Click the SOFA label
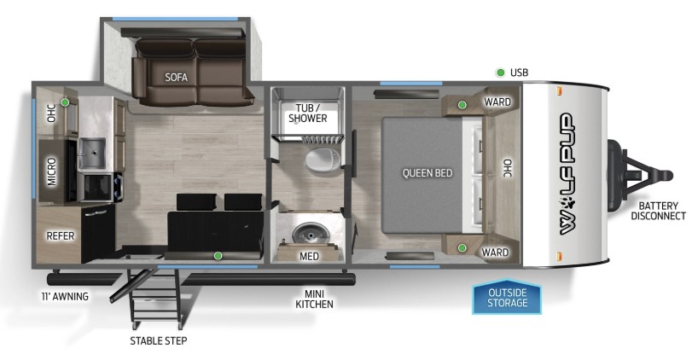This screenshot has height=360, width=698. (177, 77)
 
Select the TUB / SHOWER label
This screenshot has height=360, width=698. (307, 113)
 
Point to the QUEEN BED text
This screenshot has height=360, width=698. (428, 172)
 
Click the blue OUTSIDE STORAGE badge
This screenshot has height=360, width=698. (507, 297)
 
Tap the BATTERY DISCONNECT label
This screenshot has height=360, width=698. (658, 211)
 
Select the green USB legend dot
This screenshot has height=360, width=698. (500, 73)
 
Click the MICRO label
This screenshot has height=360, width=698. (52, 171)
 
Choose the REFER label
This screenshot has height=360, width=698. (61, 235)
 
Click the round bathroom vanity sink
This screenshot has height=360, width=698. (311, 232)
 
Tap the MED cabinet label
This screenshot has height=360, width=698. (309, 256)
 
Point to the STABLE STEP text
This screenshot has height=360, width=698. (159, 341)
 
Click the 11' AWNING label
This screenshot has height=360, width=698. (65, 296)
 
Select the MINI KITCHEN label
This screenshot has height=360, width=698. (314, 299)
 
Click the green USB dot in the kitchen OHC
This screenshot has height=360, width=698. (65, 102)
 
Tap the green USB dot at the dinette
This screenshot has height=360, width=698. (218, 255)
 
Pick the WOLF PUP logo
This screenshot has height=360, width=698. (567, 174)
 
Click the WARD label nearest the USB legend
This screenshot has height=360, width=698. (497, 102)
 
